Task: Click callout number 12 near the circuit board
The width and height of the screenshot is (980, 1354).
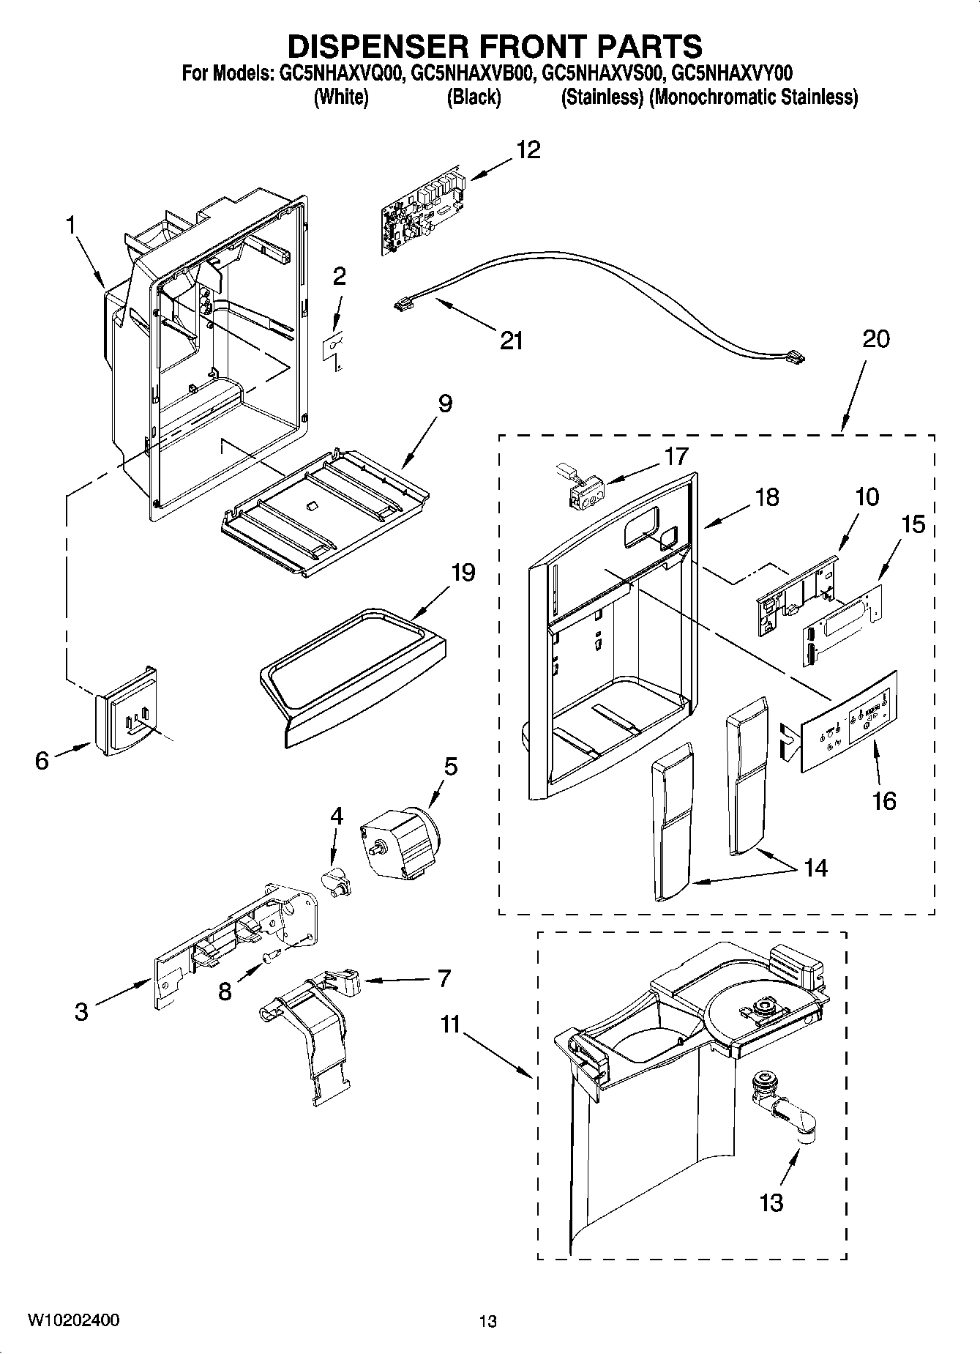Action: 528,150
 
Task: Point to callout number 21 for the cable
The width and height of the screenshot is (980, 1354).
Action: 512,341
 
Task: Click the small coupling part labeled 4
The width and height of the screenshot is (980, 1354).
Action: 337,879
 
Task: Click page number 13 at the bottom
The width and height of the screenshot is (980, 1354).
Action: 488,1321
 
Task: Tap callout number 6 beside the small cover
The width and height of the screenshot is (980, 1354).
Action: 42,761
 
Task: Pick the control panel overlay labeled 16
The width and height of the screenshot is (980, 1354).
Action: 848,721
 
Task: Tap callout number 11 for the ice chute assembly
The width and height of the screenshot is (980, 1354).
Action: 449,1024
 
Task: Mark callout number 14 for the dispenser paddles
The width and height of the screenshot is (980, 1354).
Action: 815,868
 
